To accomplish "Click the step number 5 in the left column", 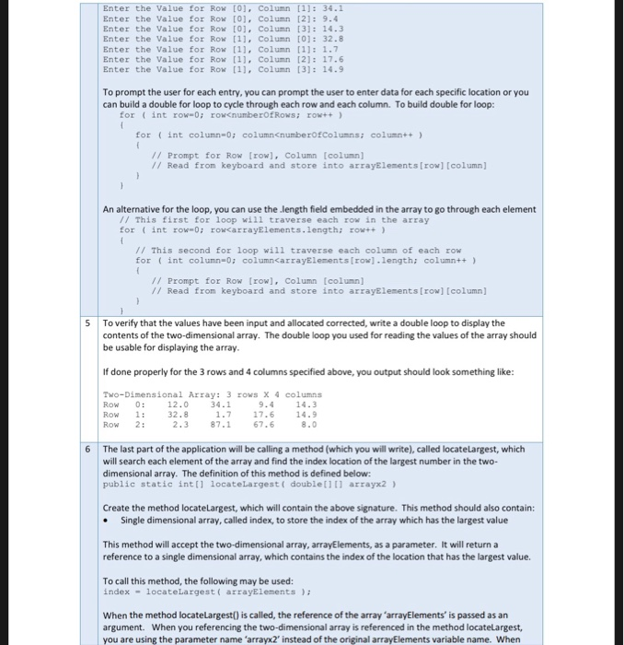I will [88, 323].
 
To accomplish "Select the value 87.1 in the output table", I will [220, 425].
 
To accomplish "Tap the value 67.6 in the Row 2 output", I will [263, 425].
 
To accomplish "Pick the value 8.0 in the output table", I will [308, 425].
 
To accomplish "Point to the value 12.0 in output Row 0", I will [178, 404].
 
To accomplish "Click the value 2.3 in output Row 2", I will [180, 425].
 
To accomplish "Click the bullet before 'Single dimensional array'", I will [109, 521].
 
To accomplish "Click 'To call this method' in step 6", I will [142, 581].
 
